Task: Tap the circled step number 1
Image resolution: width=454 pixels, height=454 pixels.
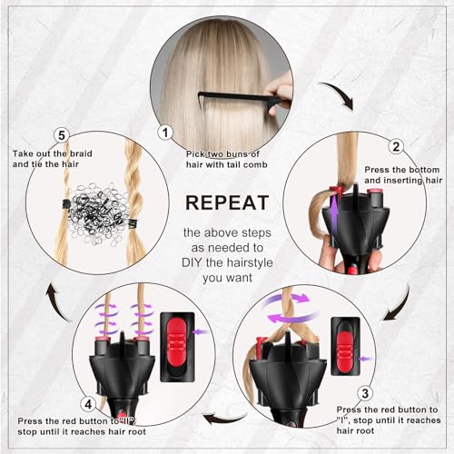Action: pyautogui.click(x=164, y=131)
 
